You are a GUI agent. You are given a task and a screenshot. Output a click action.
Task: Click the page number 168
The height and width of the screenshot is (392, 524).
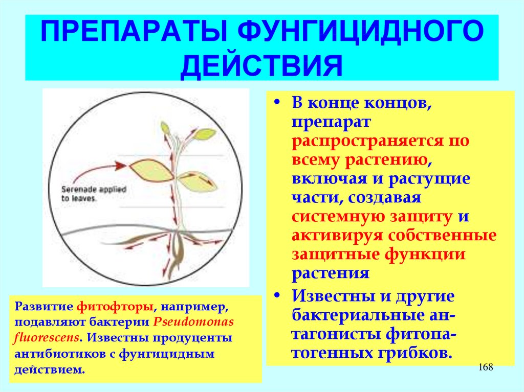coord(486,367)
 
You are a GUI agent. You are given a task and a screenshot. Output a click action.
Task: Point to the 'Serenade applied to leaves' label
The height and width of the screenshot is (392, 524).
coord(94,194)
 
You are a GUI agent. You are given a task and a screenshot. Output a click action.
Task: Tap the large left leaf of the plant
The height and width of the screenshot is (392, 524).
coord(152,170)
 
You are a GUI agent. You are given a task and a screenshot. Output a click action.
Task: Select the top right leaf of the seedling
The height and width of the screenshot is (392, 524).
coord(205,134)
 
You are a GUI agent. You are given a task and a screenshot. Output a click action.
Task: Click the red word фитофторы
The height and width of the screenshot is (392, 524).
coord(115,306)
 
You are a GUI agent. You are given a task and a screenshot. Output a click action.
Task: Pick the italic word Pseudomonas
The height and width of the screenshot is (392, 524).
coord(193,322)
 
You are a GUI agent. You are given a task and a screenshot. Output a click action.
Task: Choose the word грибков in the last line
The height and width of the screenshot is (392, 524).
coord(416,353)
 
